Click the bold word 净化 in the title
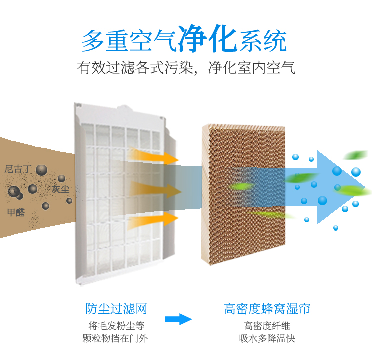[x=208, y=39]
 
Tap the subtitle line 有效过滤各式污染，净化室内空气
[x=186, y=68]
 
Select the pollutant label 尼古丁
[x=18, y=169]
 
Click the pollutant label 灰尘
[x=60, y=189]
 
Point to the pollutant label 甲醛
[x=16, y=212]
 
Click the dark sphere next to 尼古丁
[x=41, y=170]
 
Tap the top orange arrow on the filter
[x=154, y=156]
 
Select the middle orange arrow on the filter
[x=155, y=190]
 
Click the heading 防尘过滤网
[x=116, y=309]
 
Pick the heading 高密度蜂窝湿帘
[x=267, y=309]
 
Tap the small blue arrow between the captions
[x=178, y=319]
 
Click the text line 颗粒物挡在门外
[x=115, y=339]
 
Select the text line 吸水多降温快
[x=267, y=339]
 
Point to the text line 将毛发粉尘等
[x=116, y=326]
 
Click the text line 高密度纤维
[x=267, y=326]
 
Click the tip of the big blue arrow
[x=365, y=187]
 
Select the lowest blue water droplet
[x=336, y=228]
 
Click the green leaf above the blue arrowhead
[x=355, y=155]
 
